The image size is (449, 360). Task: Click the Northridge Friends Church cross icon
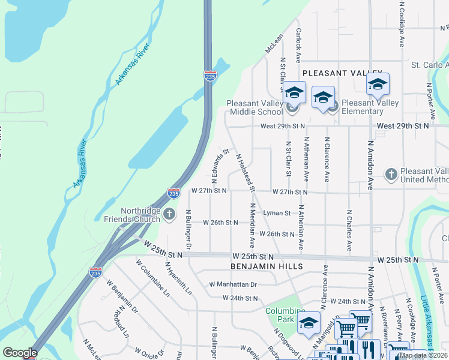(169, 214)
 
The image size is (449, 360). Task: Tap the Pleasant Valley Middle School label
(255, 107)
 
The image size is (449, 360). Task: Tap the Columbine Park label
(286, 314)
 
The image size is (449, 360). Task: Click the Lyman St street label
(277, 213)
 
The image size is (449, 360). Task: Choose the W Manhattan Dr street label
(233, 284)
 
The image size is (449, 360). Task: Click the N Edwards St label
(218, 165)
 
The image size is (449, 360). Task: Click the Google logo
(20, 353)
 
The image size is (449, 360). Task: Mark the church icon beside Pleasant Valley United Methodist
(391, 175)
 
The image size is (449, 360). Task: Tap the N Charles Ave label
(348, 230)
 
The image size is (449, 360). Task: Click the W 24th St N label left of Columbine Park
(240, 298)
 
